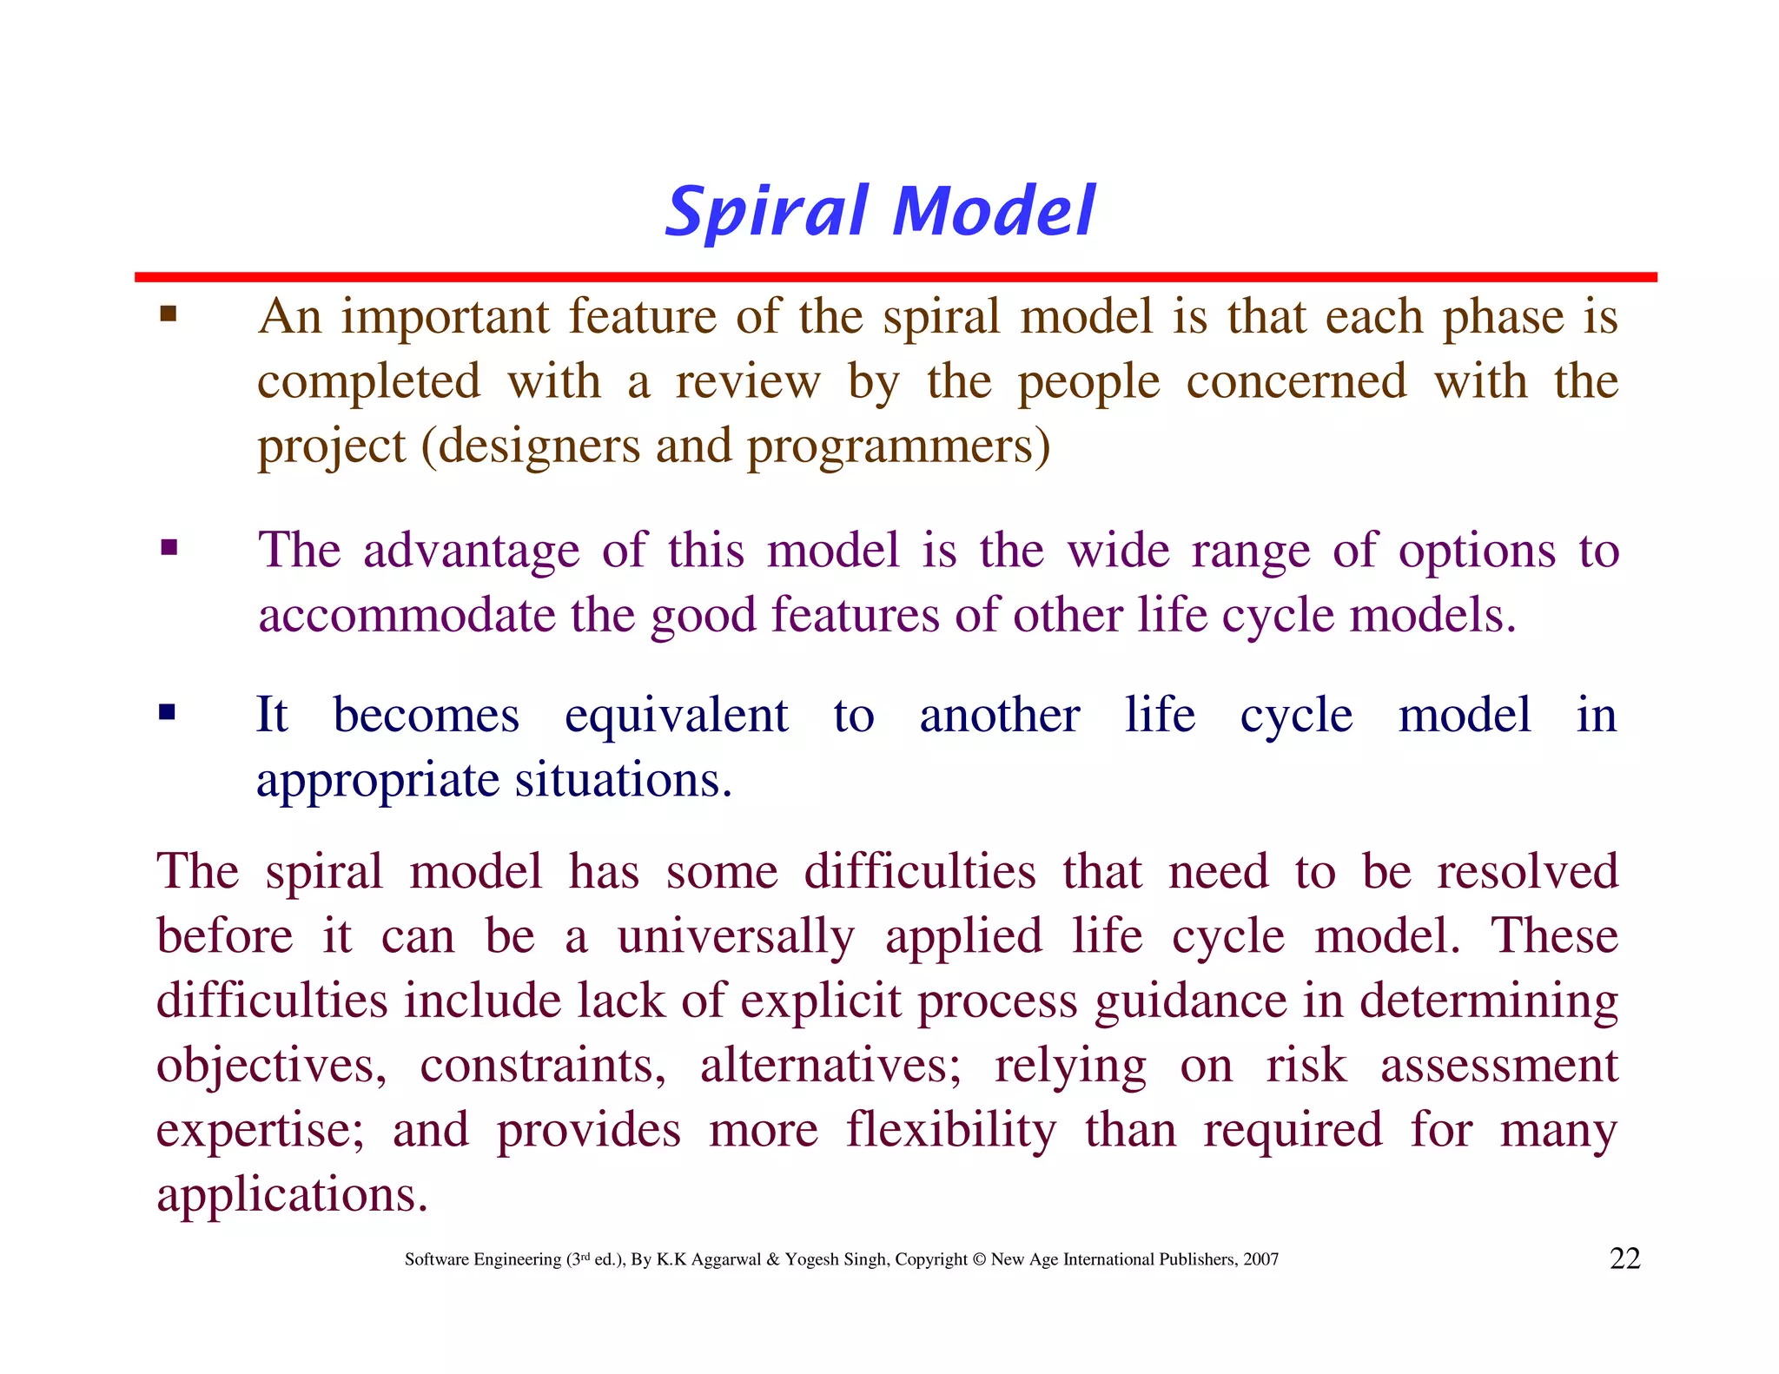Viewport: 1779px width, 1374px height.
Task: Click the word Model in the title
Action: click(994, 211)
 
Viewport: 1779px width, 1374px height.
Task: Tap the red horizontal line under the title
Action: click(895, 277)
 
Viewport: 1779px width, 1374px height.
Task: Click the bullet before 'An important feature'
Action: click(169, 314)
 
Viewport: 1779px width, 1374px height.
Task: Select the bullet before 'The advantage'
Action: click(169, 548)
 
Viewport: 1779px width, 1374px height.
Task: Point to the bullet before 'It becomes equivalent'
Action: click(167, 713)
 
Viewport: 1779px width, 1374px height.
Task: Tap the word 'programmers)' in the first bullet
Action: click(898, 446)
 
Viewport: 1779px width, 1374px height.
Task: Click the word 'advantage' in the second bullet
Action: click(471, 551)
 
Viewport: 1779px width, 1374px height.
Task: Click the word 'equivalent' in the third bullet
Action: click(676, 716)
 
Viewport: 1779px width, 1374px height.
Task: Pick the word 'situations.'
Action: click(624, 780)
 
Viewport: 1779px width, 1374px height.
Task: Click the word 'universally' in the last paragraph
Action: click(736, 936)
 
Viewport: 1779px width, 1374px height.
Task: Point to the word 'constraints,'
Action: click(543, 1065)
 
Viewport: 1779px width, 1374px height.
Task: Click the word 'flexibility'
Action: click(951, 1129)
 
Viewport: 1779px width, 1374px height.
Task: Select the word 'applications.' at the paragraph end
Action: click(292, 1194)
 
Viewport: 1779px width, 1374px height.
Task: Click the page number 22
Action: click(1624, 1258)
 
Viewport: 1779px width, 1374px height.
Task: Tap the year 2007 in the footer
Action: click(1260, 1259)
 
